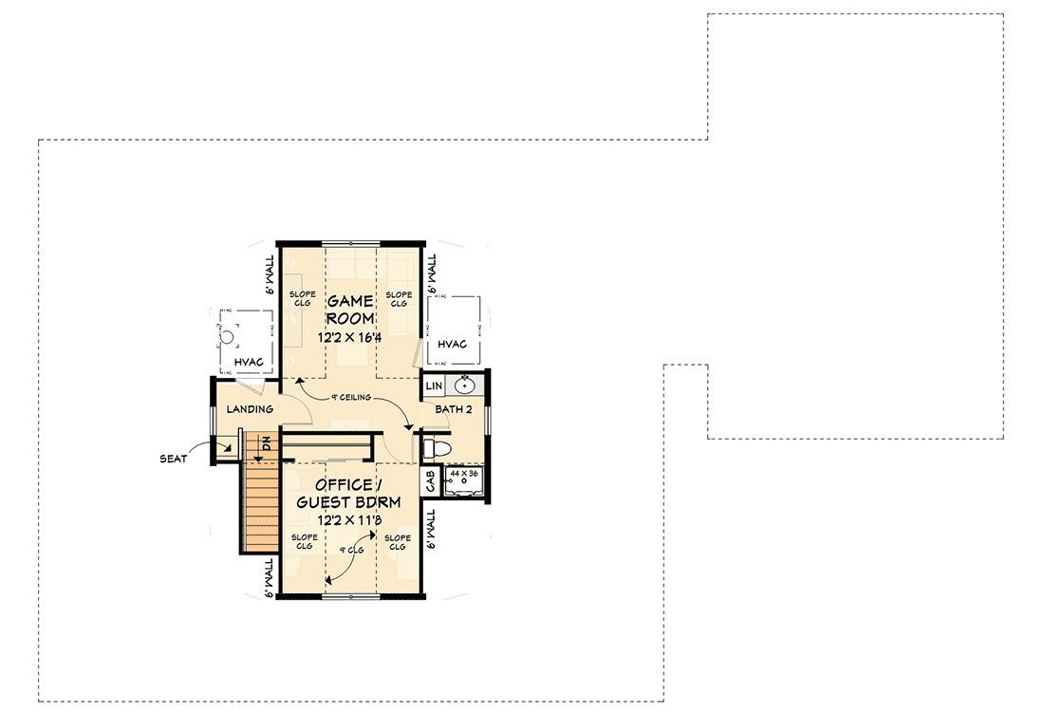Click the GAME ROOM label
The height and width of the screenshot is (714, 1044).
(x=350, y=310)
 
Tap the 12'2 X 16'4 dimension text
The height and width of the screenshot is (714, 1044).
(x=350, y=336)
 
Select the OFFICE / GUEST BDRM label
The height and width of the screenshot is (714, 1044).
(x=350, y=493)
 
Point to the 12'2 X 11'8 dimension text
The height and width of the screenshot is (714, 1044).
(x=350, y=520)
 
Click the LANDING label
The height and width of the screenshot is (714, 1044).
(x=250, y=409)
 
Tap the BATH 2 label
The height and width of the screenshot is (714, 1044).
(x=454, y=409)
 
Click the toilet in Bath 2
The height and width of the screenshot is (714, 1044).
(x=438, y=446)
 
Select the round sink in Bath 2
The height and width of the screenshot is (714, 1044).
(x=465, y=385)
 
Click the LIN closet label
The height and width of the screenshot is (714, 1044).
(x=434, y=386)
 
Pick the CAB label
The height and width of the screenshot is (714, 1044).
(x=430, y=481)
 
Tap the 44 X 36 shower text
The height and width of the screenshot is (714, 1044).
(x=466, y=472)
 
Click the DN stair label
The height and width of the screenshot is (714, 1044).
(x=268, y=443)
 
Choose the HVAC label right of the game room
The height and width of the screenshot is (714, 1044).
(x=453, y=343)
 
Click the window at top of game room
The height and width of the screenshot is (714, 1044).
(x=350, y=241)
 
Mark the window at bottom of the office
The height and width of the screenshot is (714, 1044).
(x=350, y=595)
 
